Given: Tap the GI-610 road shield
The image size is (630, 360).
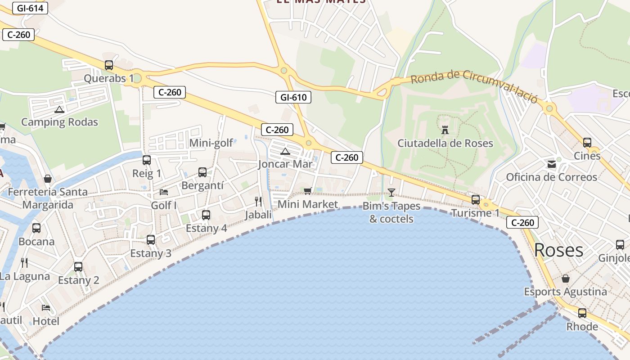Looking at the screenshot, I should tap(293, 97).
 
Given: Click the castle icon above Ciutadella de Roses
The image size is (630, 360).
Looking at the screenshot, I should tap(445, 130).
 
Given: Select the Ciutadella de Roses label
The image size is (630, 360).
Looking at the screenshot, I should tap(445, 144).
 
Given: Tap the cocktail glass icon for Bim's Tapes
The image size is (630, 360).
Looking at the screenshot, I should tap(391, 193).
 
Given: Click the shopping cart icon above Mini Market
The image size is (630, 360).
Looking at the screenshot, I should tap(308, 191).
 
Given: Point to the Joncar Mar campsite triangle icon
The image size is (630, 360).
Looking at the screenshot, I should tap(285, 151).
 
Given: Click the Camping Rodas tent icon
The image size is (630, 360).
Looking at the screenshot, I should tap(59, 109).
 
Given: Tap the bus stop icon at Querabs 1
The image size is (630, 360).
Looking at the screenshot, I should tap(109, 65).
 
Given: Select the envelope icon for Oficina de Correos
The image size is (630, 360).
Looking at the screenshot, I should tap(552, 164).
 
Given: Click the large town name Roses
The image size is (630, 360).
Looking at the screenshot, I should tap(558, 250).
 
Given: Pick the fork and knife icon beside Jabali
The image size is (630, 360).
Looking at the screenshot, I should tap(258, 201).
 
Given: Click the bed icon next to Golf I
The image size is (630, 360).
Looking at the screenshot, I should tap(164, 192).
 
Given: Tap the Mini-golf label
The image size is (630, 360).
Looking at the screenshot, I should tap(211, 143).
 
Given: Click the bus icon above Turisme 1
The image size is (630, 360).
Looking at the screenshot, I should tap(476, 199).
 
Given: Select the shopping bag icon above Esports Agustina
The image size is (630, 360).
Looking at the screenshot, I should tap(566, 279).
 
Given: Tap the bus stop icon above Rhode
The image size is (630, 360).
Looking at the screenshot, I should tap(582, 313).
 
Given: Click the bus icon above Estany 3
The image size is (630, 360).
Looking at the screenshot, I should tap(151, 240).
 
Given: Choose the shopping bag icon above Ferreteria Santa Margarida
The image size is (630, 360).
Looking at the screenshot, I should tap(48, 179).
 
